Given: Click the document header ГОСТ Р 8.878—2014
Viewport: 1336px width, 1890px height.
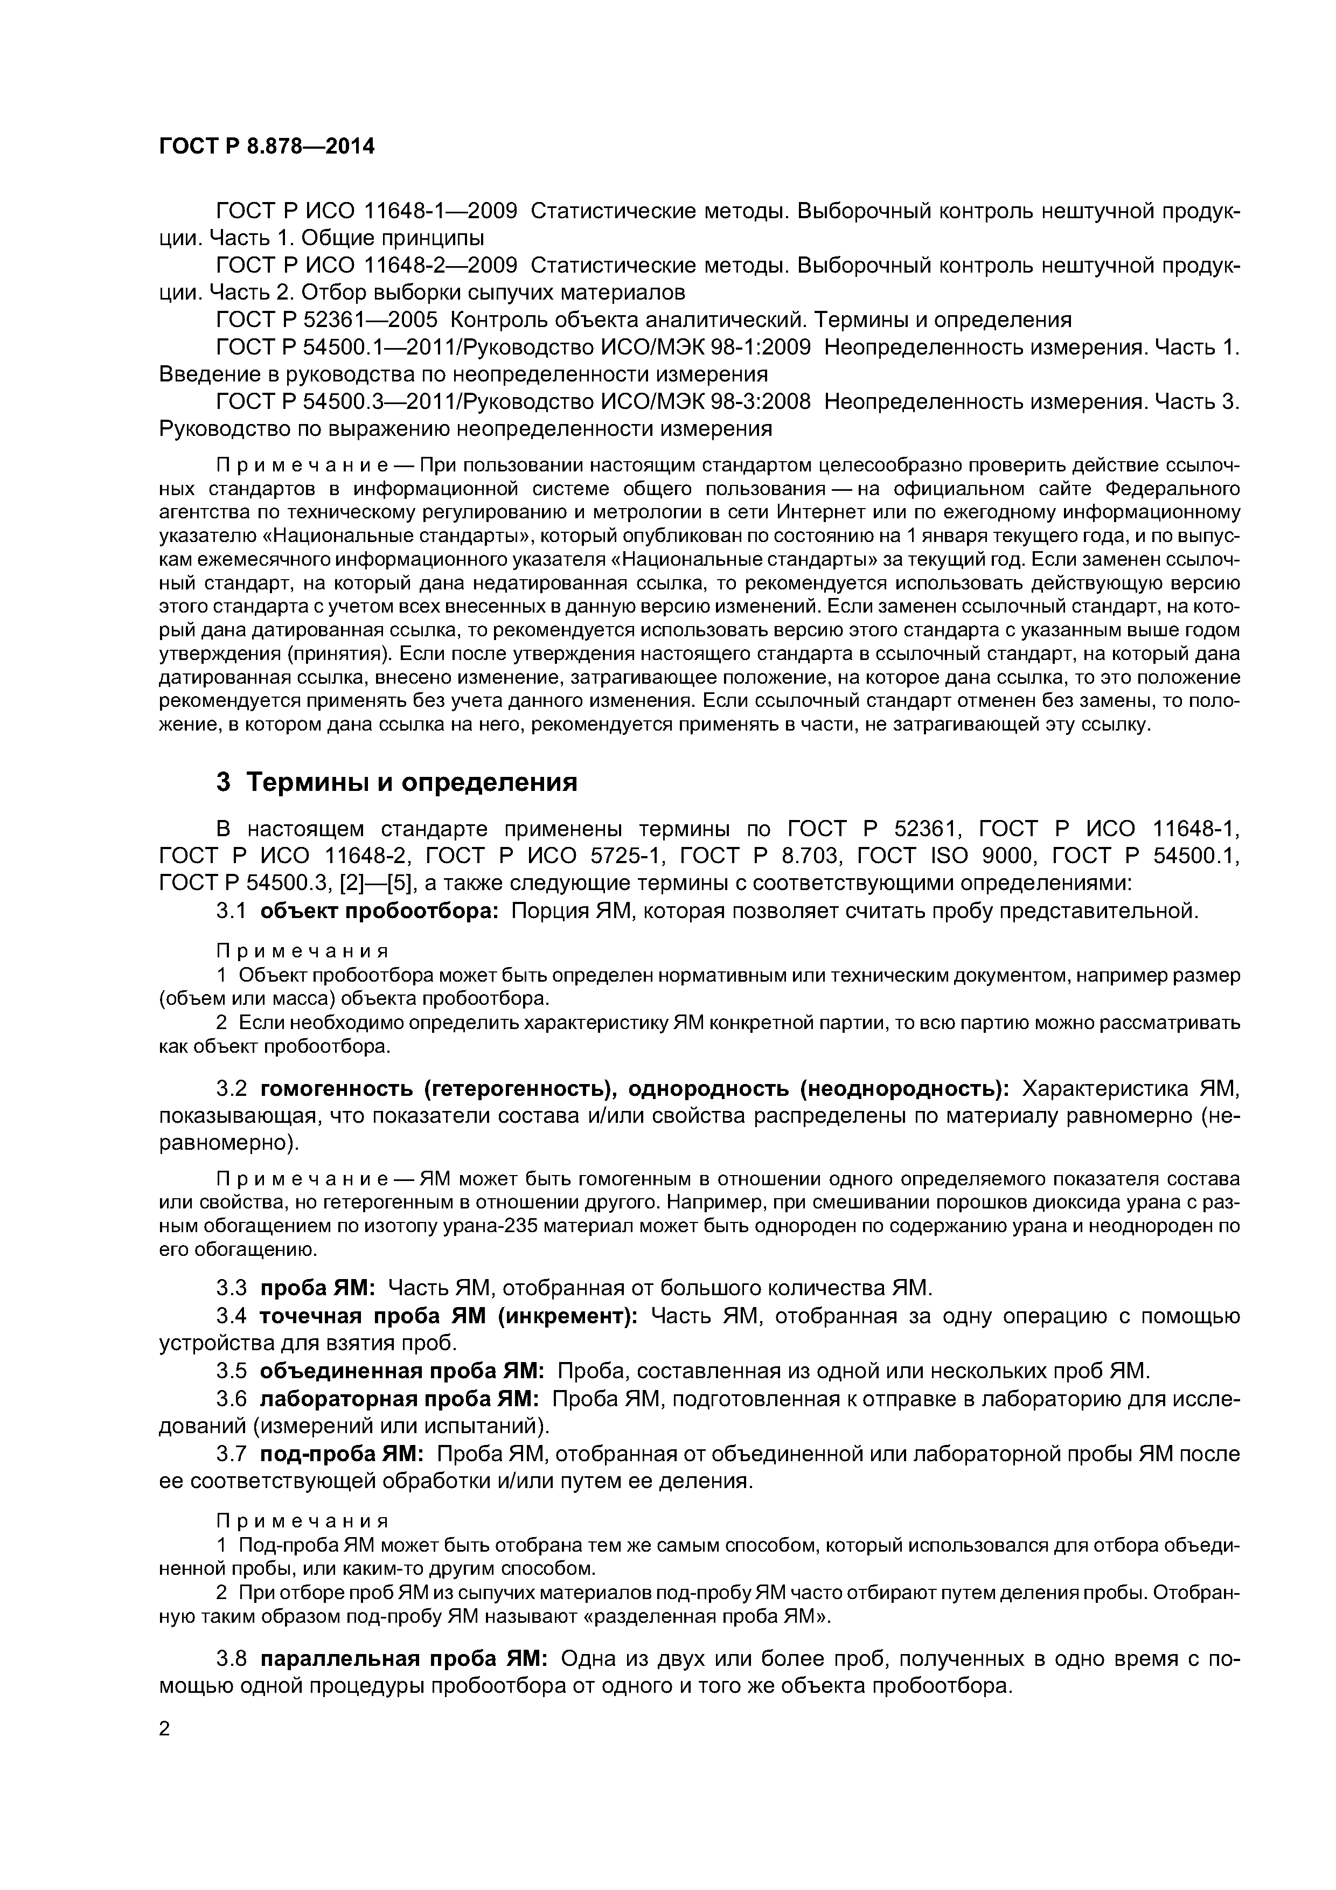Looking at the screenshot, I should (266, 147).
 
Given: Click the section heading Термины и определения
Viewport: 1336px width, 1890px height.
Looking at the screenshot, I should (412, 782).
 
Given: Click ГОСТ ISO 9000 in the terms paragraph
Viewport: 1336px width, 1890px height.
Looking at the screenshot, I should (945, 856).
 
